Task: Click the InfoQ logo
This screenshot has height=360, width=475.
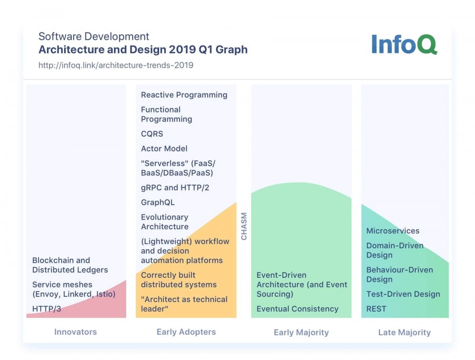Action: [404, 44]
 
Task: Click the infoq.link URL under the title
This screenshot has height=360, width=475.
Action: [116, 65]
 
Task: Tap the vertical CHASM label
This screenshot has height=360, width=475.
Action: [244, 227]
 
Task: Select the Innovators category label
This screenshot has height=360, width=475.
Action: [76, 332]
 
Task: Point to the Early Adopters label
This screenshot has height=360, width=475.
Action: [186, 332]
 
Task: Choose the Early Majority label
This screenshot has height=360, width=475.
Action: [301, 332]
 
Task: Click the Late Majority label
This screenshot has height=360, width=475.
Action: [404, 332]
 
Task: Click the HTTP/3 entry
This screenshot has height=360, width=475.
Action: [47, 309]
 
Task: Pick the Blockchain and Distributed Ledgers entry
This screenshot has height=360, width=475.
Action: [70, 265]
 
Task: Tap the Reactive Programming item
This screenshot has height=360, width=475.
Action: [184, 95]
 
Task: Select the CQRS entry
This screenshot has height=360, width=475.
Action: [152, 134]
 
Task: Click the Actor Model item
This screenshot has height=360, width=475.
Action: [164, 149]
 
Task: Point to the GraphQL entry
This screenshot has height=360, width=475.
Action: [158, 202]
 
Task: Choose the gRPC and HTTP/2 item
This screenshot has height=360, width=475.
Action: [175, 188]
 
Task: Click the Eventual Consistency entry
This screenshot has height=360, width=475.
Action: [297, 309]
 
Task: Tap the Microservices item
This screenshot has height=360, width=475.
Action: [393, 231]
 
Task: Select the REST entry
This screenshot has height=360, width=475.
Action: [376, 309]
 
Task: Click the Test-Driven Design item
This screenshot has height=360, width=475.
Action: [403, 294]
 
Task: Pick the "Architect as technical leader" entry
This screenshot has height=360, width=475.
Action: [184, 304]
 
